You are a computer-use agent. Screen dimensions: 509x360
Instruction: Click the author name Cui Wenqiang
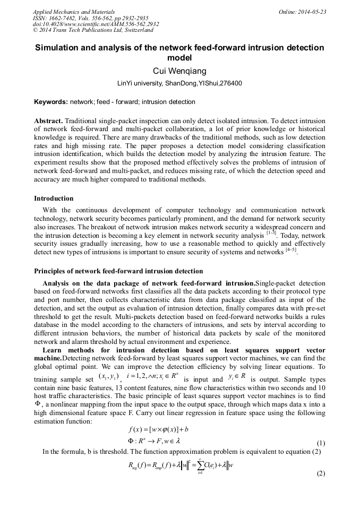tap(179, 71)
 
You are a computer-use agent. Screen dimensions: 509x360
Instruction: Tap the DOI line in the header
tap(96, 24)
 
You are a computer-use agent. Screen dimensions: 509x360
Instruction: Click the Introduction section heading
tap(54, 199)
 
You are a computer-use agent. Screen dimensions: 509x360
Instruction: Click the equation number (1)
tap(320, 443)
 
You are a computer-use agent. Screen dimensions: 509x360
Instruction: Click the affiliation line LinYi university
tap(179, 84)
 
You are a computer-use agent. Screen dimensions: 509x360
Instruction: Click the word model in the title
tap(179, 58)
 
